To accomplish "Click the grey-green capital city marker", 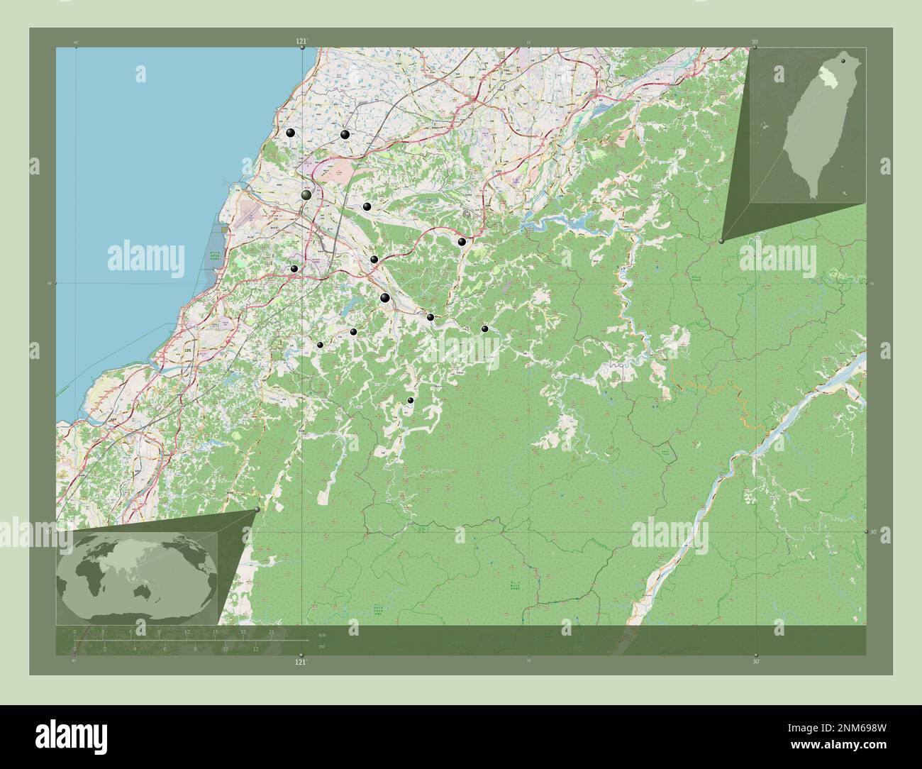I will [x=306, y=195].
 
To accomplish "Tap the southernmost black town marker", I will [x=410, y=401].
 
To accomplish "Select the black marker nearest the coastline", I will [x=290, y=133].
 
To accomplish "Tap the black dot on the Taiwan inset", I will [x=843, y=62].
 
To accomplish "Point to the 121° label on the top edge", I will [x=302, y=42].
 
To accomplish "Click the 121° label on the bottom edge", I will [x=301, y=662].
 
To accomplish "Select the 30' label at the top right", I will [x=755, y=42].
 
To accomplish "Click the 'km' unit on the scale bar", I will [x=322, y=634].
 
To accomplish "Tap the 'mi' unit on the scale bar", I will [x=321, y=646].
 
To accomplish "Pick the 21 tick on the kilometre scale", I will [x=272, y=631].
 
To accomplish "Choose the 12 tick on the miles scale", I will [x=255, y=648].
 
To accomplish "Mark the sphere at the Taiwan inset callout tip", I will [x=722, y=241].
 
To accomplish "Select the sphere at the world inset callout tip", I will [x=257, y=509].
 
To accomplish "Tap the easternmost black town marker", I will [x=484, y=328].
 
